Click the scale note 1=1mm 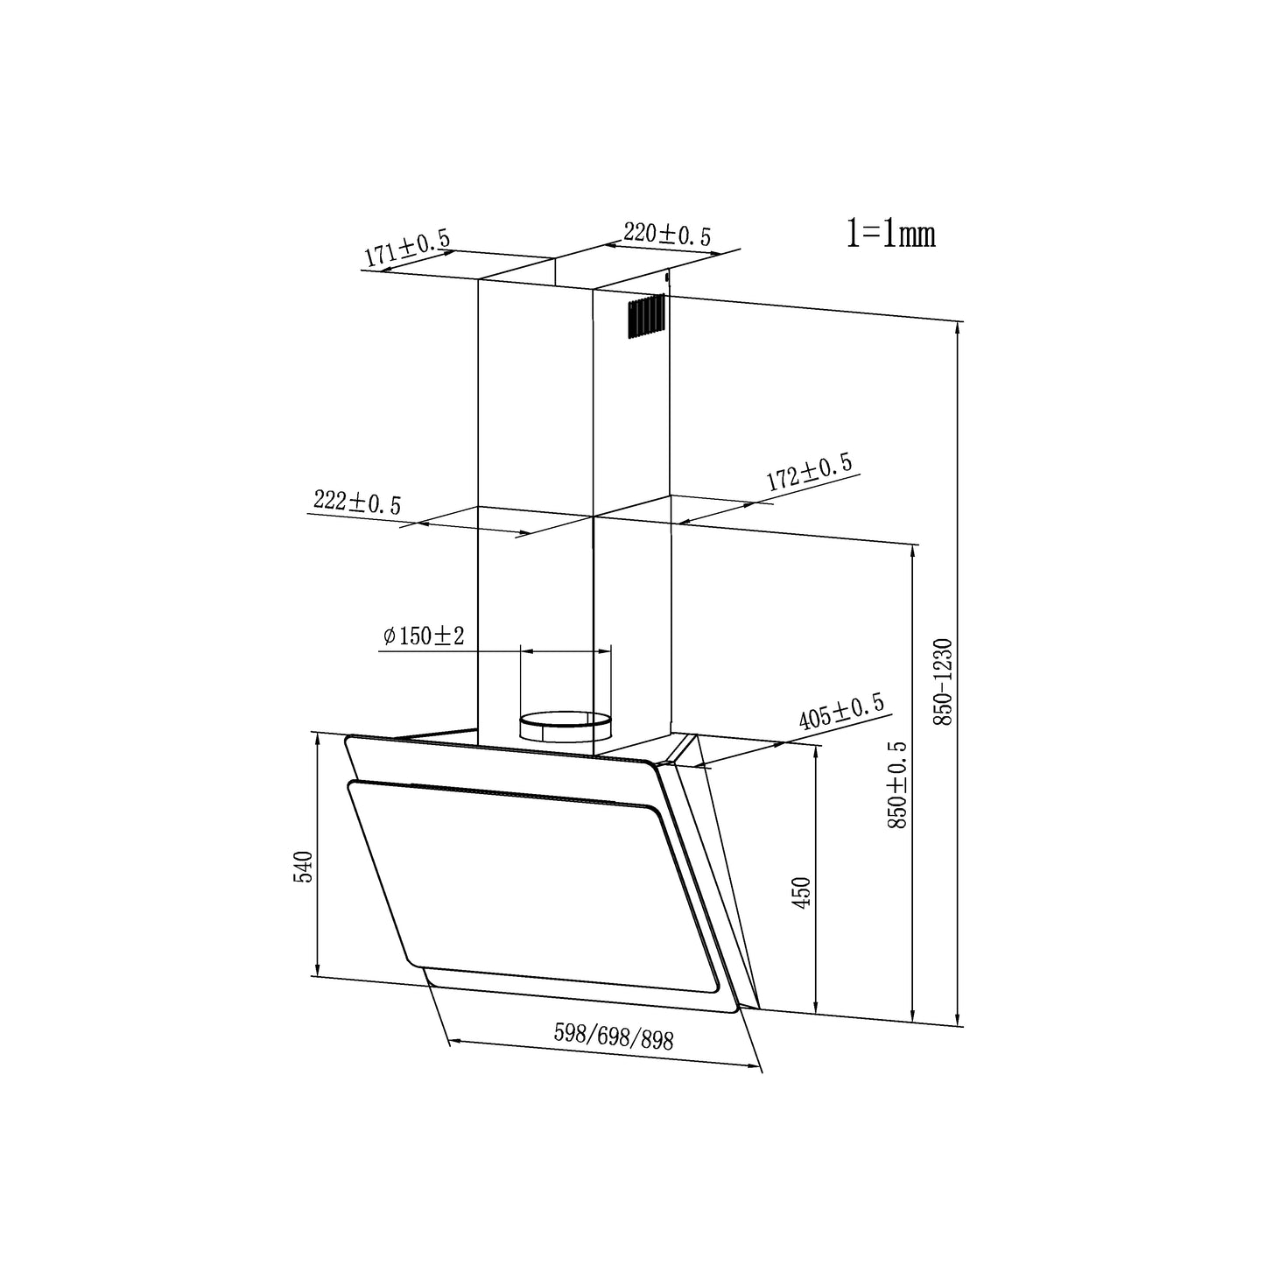891,235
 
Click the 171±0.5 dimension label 407,247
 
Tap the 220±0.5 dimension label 667,234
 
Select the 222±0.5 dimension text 356,502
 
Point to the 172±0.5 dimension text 810,472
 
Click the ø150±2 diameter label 424,636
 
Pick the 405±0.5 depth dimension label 841,712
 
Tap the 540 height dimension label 303,867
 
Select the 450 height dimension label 802,893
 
